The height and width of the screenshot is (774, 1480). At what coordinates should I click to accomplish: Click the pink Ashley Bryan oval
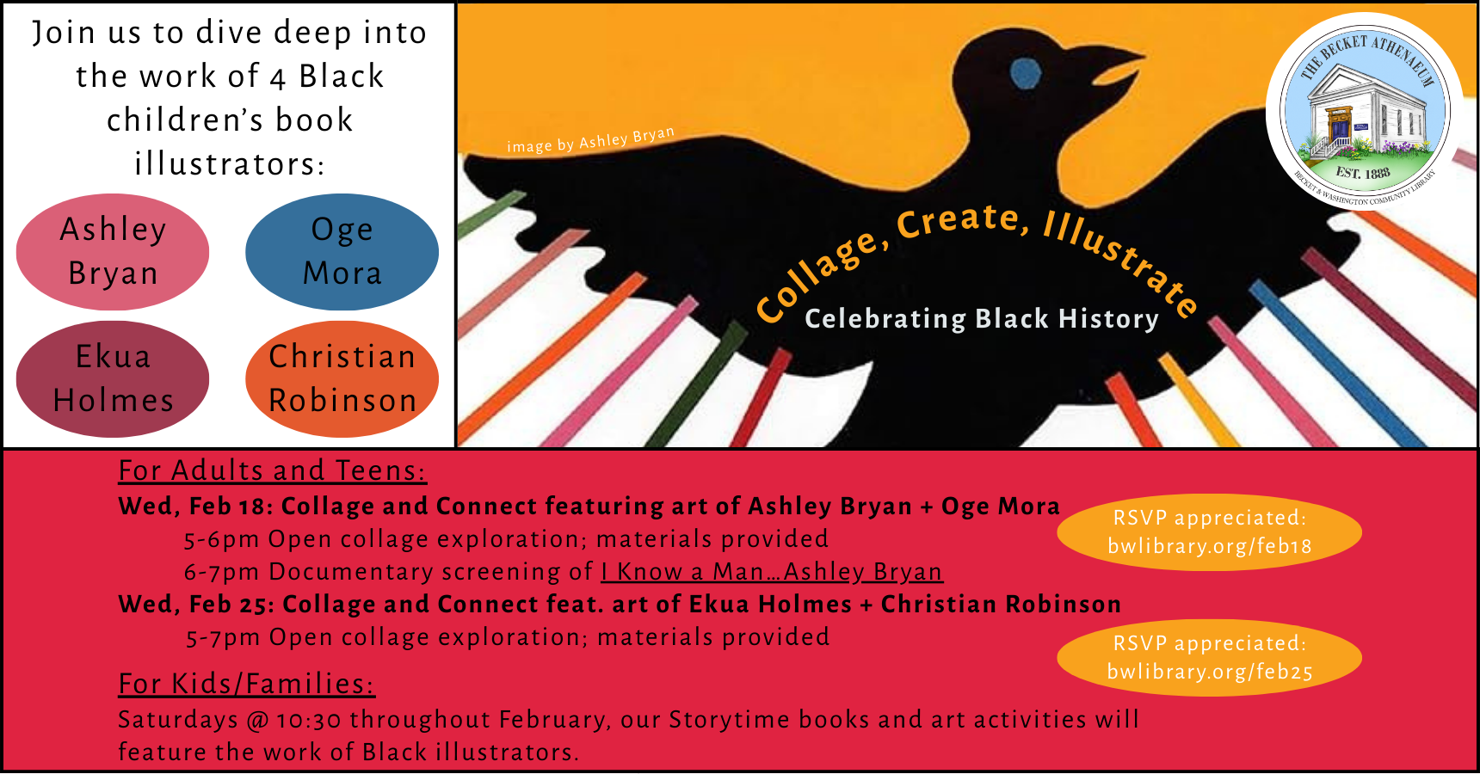pos(113,252)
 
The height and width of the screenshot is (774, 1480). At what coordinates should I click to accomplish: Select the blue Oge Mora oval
pos(342,252)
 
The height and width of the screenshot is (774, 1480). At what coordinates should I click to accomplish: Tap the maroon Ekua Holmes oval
pos(113,379)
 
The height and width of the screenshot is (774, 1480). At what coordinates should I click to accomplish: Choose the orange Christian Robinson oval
pos(342,379)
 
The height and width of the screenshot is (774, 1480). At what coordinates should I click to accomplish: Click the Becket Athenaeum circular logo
pos(1365,112)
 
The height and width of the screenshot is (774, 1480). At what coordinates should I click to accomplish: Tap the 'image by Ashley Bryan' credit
pos(590,140)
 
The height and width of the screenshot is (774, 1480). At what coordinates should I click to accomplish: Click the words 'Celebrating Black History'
pos(981,319)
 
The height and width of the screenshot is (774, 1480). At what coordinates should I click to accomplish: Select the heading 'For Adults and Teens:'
pos(272,470)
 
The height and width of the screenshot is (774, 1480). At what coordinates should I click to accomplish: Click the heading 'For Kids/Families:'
pos(246,684)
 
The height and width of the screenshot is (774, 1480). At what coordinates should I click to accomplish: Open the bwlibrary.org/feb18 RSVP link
pos(1209,546)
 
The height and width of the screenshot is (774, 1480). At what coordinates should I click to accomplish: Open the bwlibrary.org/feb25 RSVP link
pos(1209,672)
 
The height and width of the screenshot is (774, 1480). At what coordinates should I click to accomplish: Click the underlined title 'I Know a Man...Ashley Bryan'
pos(771,572)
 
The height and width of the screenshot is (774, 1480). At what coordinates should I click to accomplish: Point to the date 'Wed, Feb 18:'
pos(195,507)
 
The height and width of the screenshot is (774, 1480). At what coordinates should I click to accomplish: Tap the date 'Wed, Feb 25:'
pos(196,605)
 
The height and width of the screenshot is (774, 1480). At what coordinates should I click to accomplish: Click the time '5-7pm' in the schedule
pos(223,637)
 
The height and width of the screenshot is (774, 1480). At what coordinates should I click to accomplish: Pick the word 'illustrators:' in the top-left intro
pos(230,163)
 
